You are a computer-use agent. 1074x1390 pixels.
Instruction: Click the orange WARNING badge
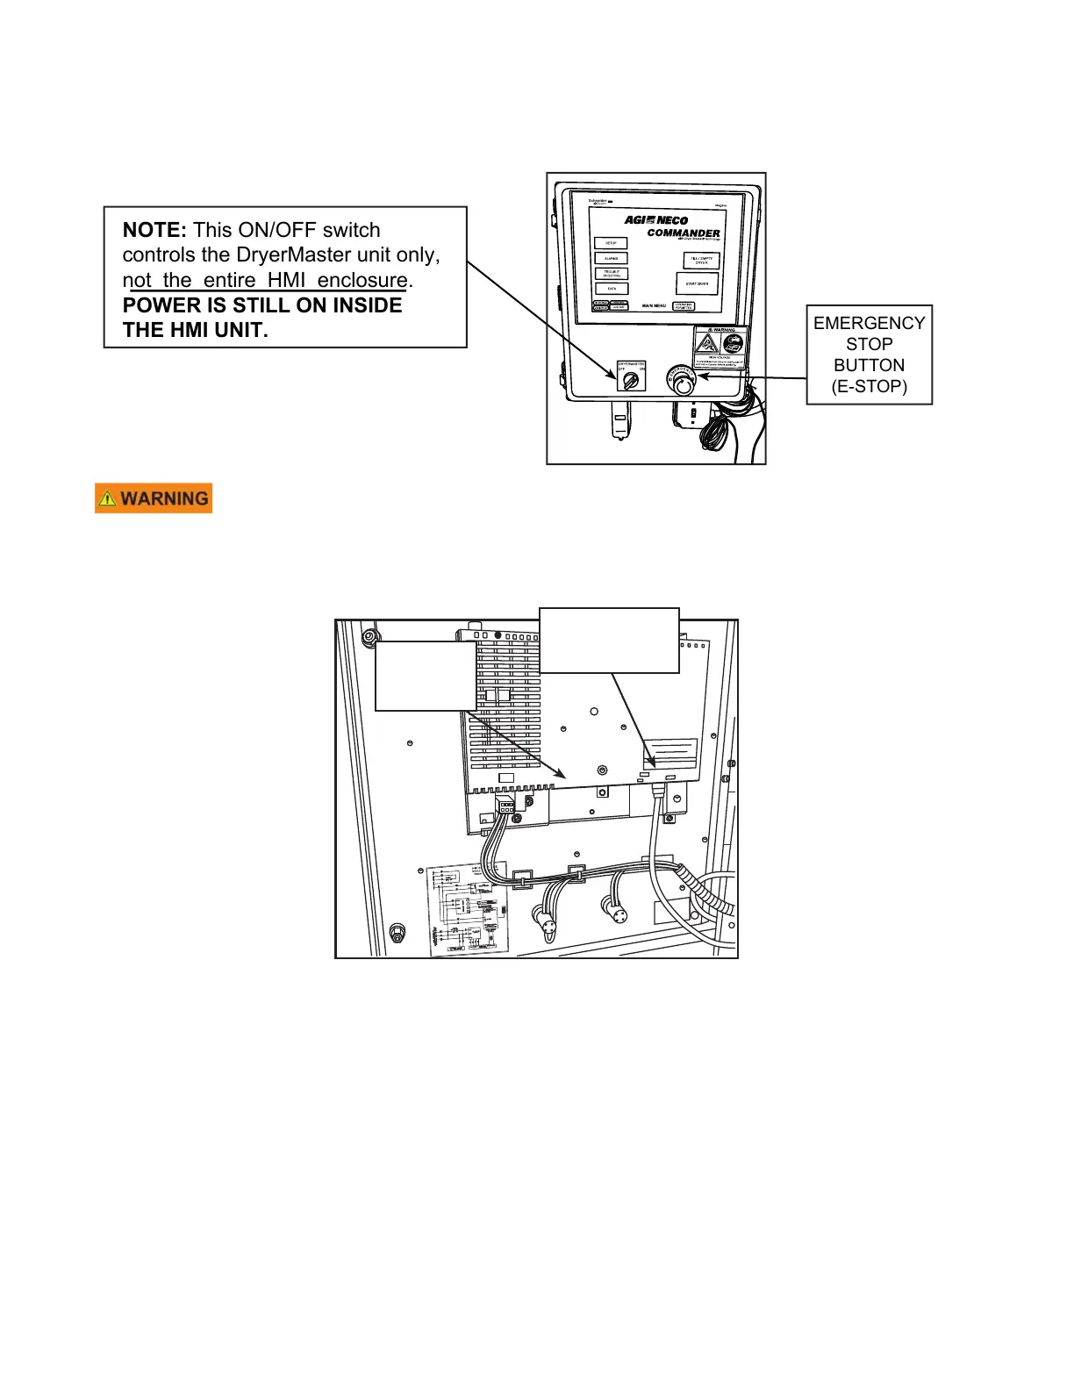[x=154, y=498]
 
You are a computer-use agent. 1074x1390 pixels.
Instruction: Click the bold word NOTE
[x=154, y=230]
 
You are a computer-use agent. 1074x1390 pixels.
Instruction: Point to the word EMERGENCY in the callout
[x=869, y=323]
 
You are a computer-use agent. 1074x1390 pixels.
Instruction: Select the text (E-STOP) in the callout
[x=869, y=386]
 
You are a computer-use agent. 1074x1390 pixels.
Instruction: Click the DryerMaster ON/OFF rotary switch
[x=631, y=379]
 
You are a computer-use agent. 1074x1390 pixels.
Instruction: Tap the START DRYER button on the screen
[x=697, y=283]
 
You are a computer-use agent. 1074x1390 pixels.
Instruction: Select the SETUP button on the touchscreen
[x=611, y=243]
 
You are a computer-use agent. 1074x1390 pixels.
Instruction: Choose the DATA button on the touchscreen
[x=611, y=289]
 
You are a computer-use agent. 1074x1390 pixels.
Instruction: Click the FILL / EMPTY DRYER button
[x=701, y=261]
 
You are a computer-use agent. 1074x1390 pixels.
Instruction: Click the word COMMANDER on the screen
[x=684, y=233]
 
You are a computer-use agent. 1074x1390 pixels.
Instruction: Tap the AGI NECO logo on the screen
[x=656, y=220]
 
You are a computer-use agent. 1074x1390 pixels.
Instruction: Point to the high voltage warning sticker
[x=720, y=347]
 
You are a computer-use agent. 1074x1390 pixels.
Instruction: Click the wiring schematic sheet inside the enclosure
[x=467, y=909]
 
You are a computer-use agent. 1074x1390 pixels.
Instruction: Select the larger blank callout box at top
[x=609, y=640]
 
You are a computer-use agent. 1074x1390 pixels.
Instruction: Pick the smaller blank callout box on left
[x=426, y=676]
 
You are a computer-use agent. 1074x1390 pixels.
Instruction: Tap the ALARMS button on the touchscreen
[x=611, y=259]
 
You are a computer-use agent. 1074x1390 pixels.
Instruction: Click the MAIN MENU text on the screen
[x=654, y=305]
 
